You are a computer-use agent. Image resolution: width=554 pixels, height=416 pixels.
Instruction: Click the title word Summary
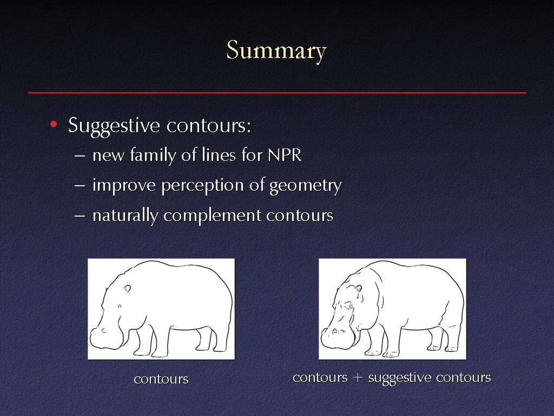(x=276, y=51)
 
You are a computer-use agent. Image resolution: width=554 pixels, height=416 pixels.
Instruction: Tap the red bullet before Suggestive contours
(x=54, y=124)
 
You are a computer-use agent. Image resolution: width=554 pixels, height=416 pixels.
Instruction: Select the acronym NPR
(x=285, y=155)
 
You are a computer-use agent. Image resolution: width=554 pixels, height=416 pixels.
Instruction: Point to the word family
(x=153, y=155)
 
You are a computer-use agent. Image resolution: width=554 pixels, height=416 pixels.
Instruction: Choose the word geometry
(x=306, y=186)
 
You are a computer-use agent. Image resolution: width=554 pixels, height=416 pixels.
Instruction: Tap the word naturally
(x=125, y=216)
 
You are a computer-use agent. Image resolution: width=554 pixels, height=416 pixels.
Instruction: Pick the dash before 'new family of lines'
(x=80, y=155)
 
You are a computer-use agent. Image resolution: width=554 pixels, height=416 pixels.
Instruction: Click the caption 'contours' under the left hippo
(x=161, y=379)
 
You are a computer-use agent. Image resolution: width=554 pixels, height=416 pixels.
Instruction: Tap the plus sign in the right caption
(x=358, y=378)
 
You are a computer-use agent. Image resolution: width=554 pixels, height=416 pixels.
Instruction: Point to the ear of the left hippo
(x=127, y=289)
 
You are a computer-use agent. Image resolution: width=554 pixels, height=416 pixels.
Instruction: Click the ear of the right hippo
(x=358, y=288)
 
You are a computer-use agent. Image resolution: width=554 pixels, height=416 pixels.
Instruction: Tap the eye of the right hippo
(x=349, y=305)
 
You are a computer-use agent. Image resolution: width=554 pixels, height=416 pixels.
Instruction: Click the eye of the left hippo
(x=120, y=306)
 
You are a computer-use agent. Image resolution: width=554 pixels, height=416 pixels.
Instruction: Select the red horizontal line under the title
(x=277, y=93)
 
